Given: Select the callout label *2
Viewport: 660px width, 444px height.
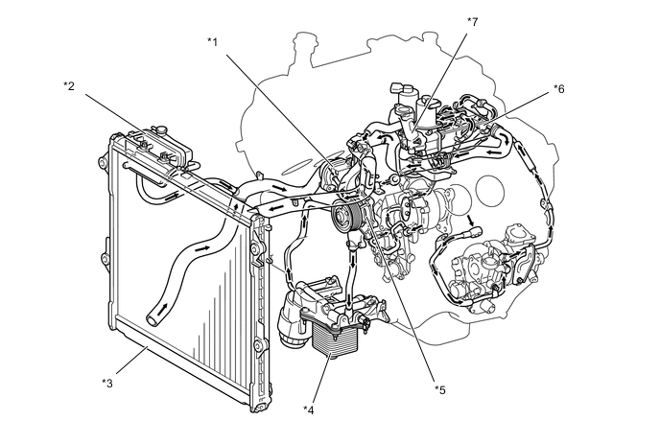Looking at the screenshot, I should tap(69, 86).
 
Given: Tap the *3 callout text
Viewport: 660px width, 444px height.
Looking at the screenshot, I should tap(108, 383).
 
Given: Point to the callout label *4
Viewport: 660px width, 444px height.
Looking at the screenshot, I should tap(309, 409).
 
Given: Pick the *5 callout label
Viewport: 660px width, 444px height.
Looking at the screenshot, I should tap(439, 389).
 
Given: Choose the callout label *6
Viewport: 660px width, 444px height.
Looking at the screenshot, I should tap(559, 88).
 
